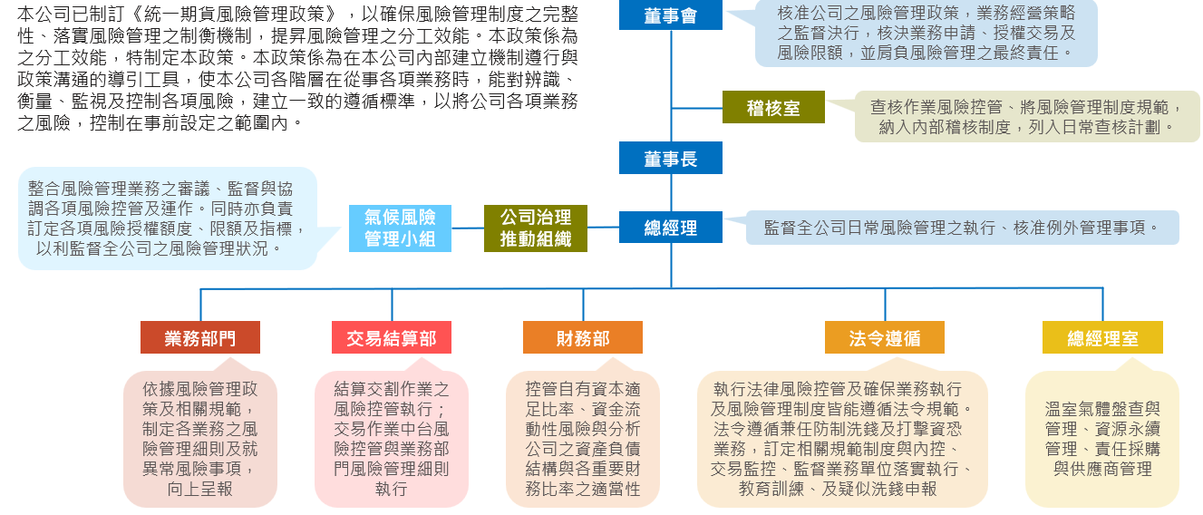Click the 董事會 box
pyautogui.click(x=670, y=15)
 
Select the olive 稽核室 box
pyautogui.click(x=773, y=107)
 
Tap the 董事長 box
pyautogui.click(x=670, y=158)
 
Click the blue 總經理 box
pyautogui.click(x=670, y=228)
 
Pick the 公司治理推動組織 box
pyautogui.click(x=536, y=228)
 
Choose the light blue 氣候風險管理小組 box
pyautogui.click(x=400, y=228)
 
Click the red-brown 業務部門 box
pyautogui.click(x=200, y=337)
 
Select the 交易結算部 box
pyautogui.click(x=392, y=337)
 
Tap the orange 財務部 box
pyautogui.click(x=583, y=337)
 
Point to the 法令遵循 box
pyautogui.click(x=885, y=337)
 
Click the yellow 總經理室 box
pyautogui.click(x=1102, y=337)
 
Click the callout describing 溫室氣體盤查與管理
pyautogui.click(x=1102, y=439)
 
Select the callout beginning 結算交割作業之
pyautogui.click(x=392, y=439)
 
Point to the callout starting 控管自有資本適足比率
pyautogui.click(x=583, y=439)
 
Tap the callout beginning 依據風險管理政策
pyautogui.click(x=200, y=439)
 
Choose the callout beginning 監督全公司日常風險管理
pyautogui.click(x=961, y=228)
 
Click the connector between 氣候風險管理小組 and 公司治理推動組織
pyautogui.click(x=468, y=228)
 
